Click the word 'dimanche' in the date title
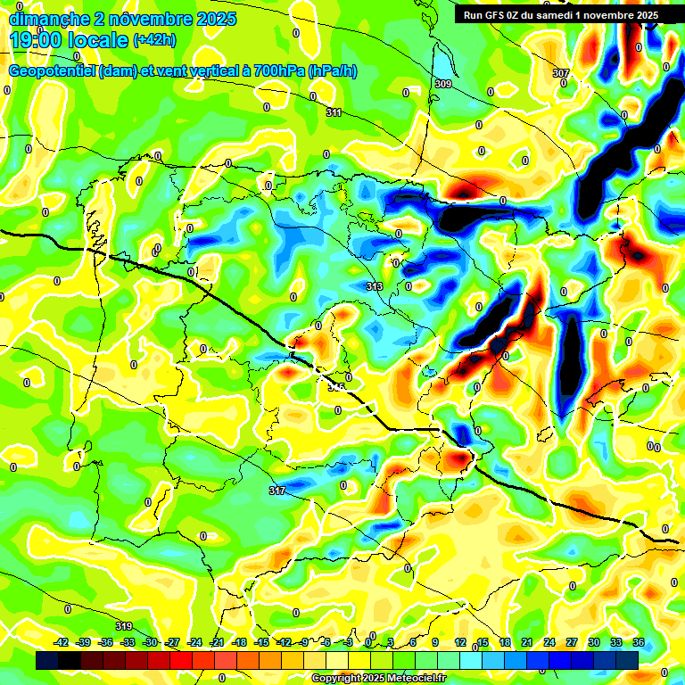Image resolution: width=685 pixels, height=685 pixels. coord(49,19)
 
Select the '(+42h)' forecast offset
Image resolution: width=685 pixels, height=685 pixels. coord(154,40)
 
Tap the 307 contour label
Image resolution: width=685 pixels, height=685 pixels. coord(560,73)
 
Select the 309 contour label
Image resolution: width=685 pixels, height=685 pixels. coord(443,84)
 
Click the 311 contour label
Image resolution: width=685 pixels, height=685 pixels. coord(334,113)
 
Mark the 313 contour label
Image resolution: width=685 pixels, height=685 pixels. coord(375,286)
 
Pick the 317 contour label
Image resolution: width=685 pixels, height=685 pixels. coord(276,491)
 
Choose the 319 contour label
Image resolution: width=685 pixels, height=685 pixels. coord(125,626)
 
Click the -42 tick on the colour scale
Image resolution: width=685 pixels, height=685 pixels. coord(62,642)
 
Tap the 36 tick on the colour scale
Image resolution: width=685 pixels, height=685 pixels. coord(638,642)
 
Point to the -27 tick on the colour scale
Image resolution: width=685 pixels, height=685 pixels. coord(172,642)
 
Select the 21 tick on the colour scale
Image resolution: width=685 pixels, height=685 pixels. coord(527,642)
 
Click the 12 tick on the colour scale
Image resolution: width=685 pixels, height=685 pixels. coord(460,642)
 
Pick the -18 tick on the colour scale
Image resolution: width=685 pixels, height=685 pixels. coord(239,642)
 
